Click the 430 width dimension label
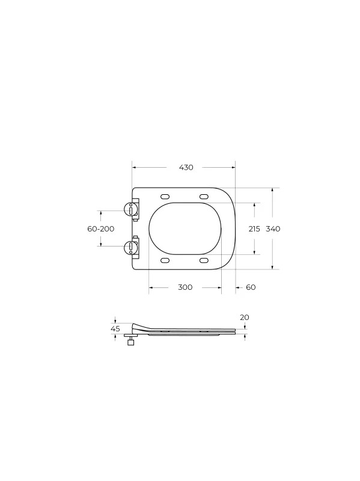(x=186, y=168)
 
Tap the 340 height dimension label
(x=273, y=229)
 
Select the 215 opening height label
(x=254, y=229)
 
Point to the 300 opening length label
(x=185, y=287)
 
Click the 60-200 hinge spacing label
(x=101, y=229)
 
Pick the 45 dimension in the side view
(x=115, y=329)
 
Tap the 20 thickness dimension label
(x=245, y=317)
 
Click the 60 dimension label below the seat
(x=251, y=287)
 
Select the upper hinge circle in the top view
(x=129, y=209)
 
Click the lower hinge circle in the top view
(x=129, y=247)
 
